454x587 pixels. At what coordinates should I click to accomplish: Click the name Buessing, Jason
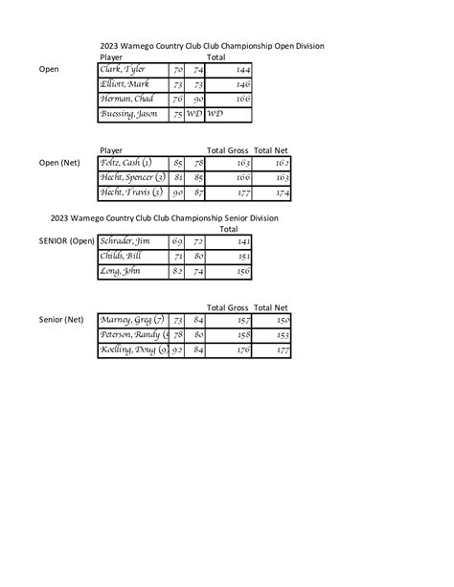pyautogui.click(x=130, y=114)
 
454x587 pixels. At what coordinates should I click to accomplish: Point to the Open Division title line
pyautogui.click(x=212, y=45)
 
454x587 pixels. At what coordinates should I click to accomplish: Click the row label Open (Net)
pyautogui.click(x=58, y=163)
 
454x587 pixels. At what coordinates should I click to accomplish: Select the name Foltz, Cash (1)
pyautogui.click(x=125, y=163)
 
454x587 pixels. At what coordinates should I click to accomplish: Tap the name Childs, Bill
pyautogui.click(x=121, y=257)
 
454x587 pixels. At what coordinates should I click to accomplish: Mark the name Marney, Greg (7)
pyautogui.click(x=132, y=320)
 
